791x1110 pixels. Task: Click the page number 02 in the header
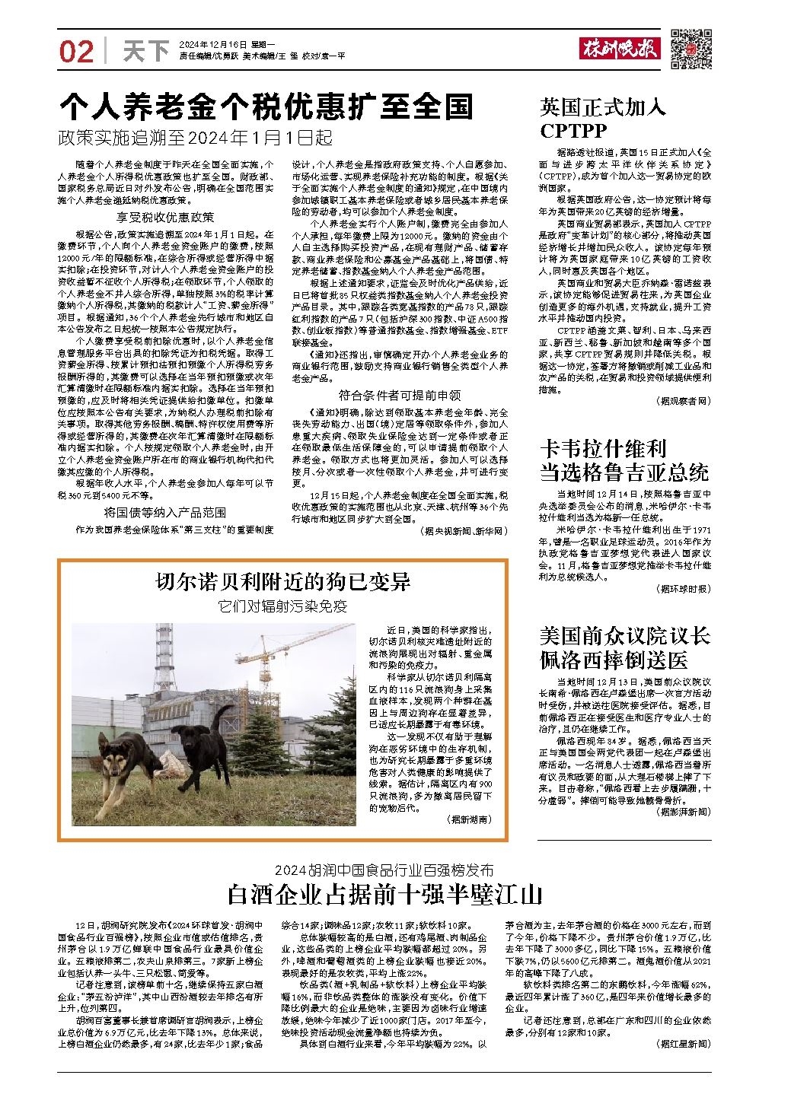pyautogui.click(x=76, y=51)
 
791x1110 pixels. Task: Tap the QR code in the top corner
pyautogui.click(x=691, y=47)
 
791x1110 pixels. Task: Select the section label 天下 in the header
pyautogui.click(x=146, y=51)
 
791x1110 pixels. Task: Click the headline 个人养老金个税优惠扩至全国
pyautogui.click(x=266, y=107)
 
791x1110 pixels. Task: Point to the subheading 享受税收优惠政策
pyautogui.click(x=171, y=217)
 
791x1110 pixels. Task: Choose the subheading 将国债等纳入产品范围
pyautogui.click(x=165, y=513)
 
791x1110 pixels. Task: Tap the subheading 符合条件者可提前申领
pyautogui.click(x=400, y=395)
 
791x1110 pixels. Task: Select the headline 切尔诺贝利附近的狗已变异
pyautogui.click(x=282, y=582)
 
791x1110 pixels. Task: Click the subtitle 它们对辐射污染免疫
pyautogui.click(x=282, y=606)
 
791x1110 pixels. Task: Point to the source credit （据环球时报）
pyautogui.click(x=682, y=589)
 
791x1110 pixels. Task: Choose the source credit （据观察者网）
pyautogui.click(x=682, y=400)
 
